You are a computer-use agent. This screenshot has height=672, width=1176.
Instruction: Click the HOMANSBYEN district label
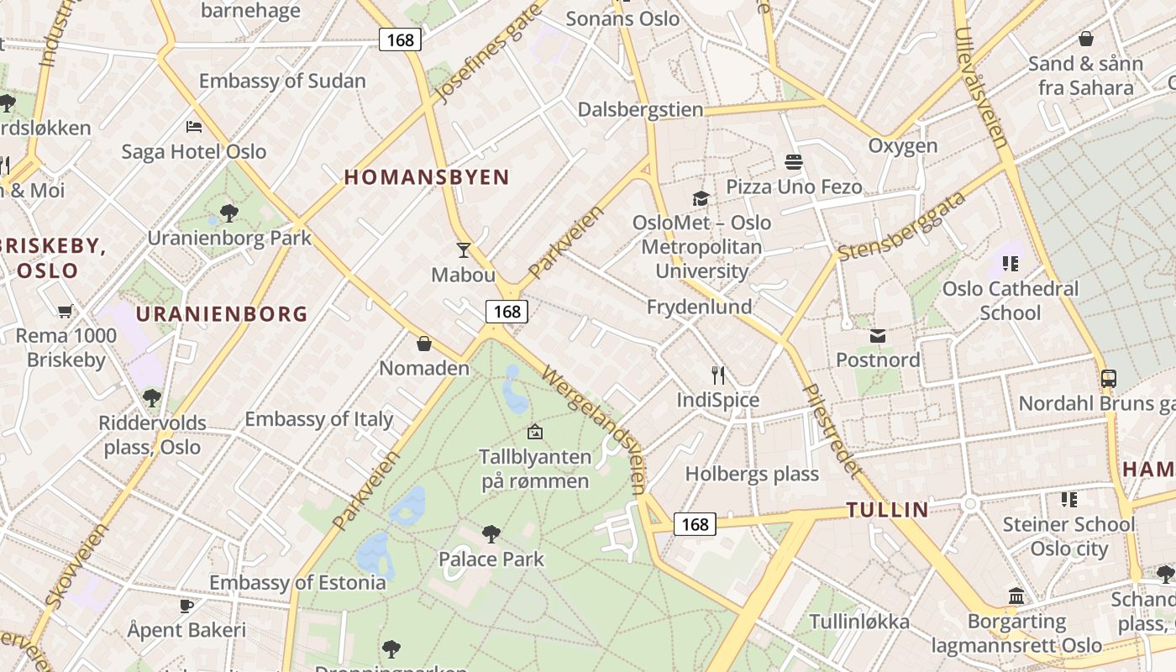[x=427, y=177]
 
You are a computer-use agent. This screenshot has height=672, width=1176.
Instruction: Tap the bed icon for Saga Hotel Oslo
[x=194, y=127]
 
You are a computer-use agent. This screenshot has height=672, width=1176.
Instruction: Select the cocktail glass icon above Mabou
[x=463, y=249]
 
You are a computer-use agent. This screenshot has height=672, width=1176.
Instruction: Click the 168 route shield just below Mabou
[x=507, y=312]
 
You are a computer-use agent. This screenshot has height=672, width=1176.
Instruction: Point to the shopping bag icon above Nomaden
[x=424, y=344]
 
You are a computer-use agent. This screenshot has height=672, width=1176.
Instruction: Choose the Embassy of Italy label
[x=318, y=419]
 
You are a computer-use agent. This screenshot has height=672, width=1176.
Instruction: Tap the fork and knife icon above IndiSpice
[x=718, y=375]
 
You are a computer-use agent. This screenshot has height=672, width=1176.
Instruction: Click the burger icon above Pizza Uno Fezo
[x=794, y=161]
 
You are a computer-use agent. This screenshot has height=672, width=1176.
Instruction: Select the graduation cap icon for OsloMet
[x=701, y=198]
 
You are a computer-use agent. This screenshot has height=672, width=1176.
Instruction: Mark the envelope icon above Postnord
[x=878, y=336]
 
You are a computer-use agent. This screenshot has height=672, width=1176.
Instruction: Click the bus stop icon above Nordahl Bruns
[x=1109, y=379]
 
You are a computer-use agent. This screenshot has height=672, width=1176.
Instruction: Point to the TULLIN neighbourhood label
[x=887, y=509]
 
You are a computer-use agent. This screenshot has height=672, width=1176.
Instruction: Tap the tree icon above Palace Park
[x=491, y=533]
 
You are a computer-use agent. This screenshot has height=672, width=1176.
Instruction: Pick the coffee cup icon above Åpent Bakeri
[x=186, y=606]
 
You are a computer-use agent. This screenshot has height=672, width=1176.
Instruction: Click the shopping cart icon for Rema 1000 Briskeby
[x=66, y=312]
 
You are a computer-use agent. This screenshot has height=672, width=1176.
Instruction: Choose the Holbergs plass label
[x=752, y=474]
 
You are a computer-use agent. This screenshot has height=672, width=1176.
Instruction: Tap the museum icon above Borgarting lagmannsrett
[x=1016, y=596]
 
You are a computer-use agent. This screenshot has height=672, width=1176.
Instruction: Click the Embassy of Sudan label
[x=282, y=81]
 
